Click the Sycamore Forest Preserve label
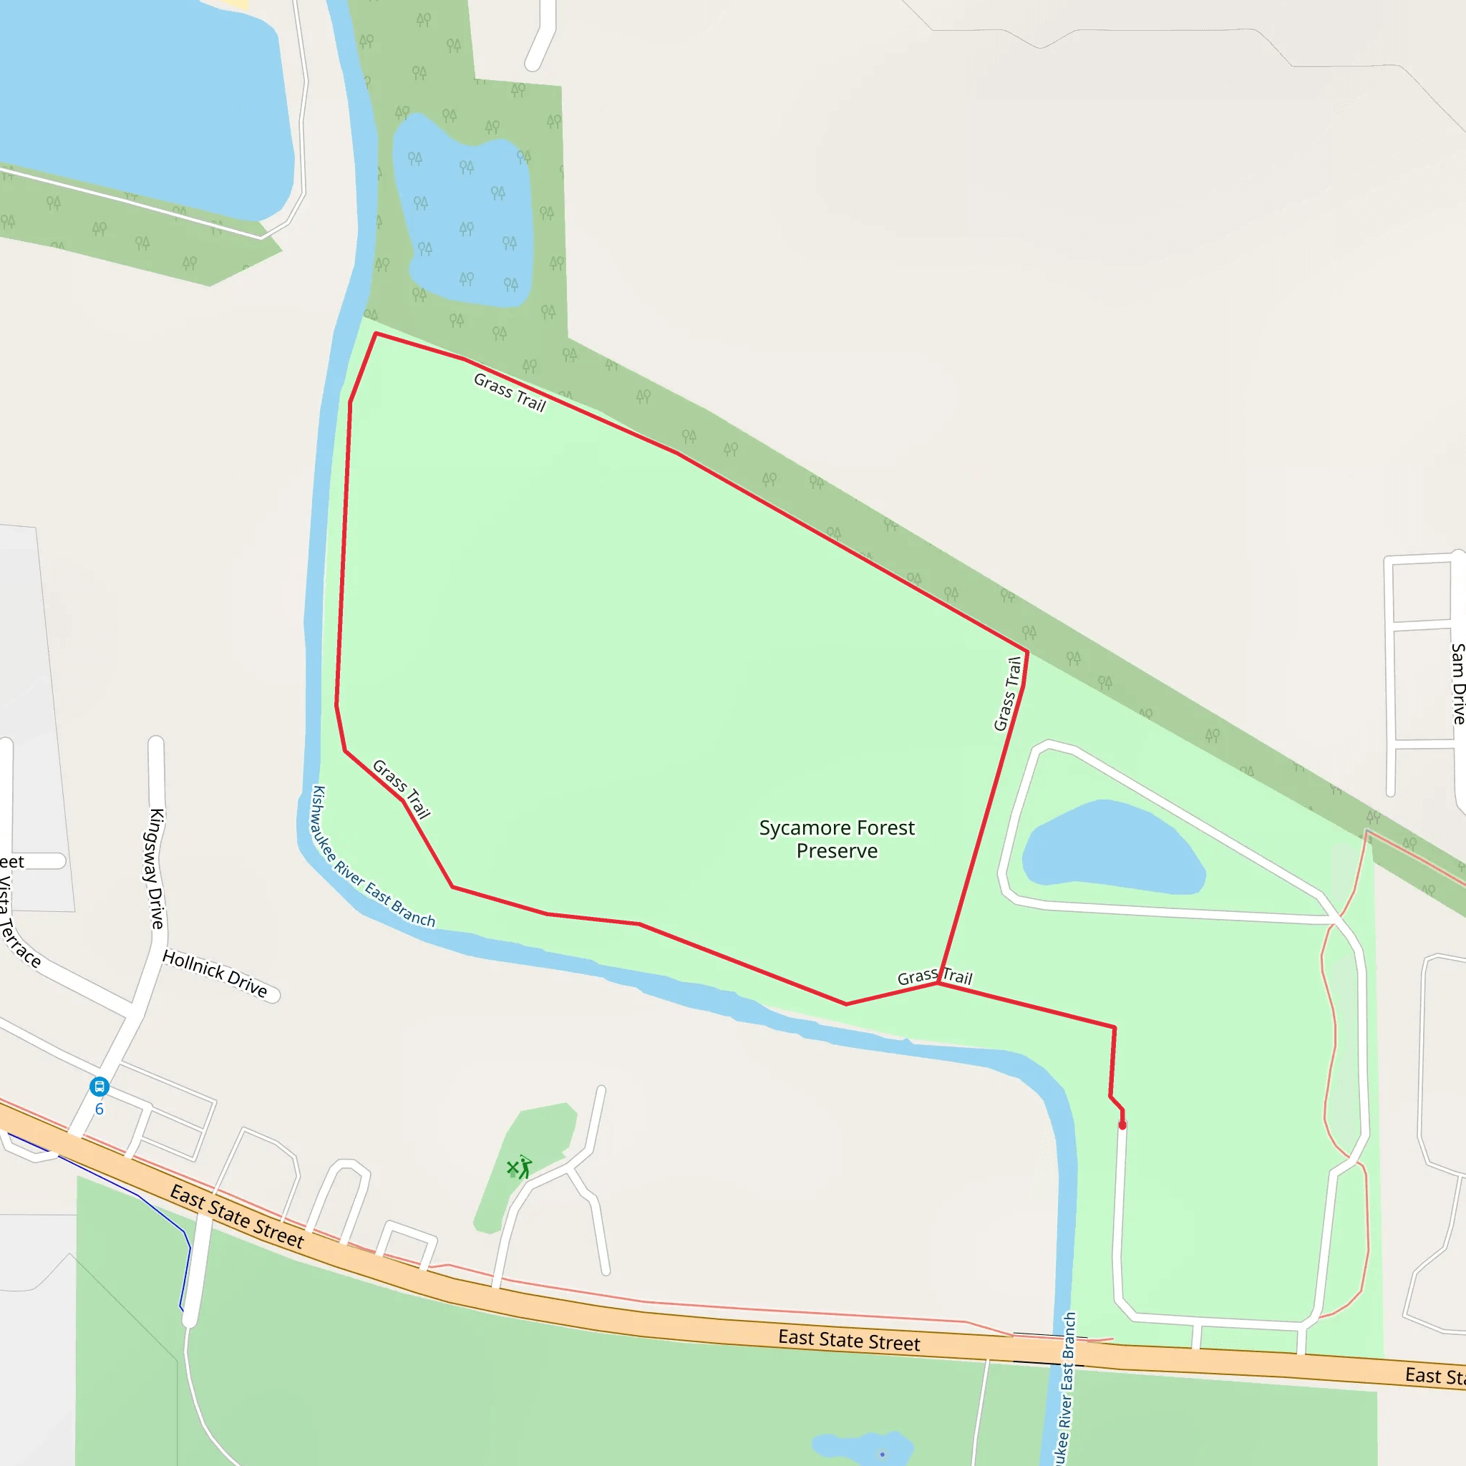[836, 838]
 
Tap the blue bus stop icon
[99, 1087]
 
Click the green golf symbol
[520, 1168]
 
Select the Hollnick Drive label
[215, 974]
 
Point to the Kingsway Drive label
[156, 869]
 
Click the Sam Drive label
[1457, 684]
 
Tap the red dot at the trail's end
[1122, 1125]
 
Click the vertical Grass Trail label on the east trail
[1008, 694]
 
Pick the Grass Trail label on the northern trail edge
[510, 392]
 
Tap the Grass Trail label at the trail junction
[934, 977]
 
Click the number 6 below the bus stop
[99, 1110]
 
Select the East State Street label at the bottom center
[848, 1341]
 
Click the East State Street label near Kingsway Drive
[237, 1216]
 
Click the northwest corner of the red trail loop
[377, 334]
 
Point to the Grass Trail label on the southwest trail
[402, 789]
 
